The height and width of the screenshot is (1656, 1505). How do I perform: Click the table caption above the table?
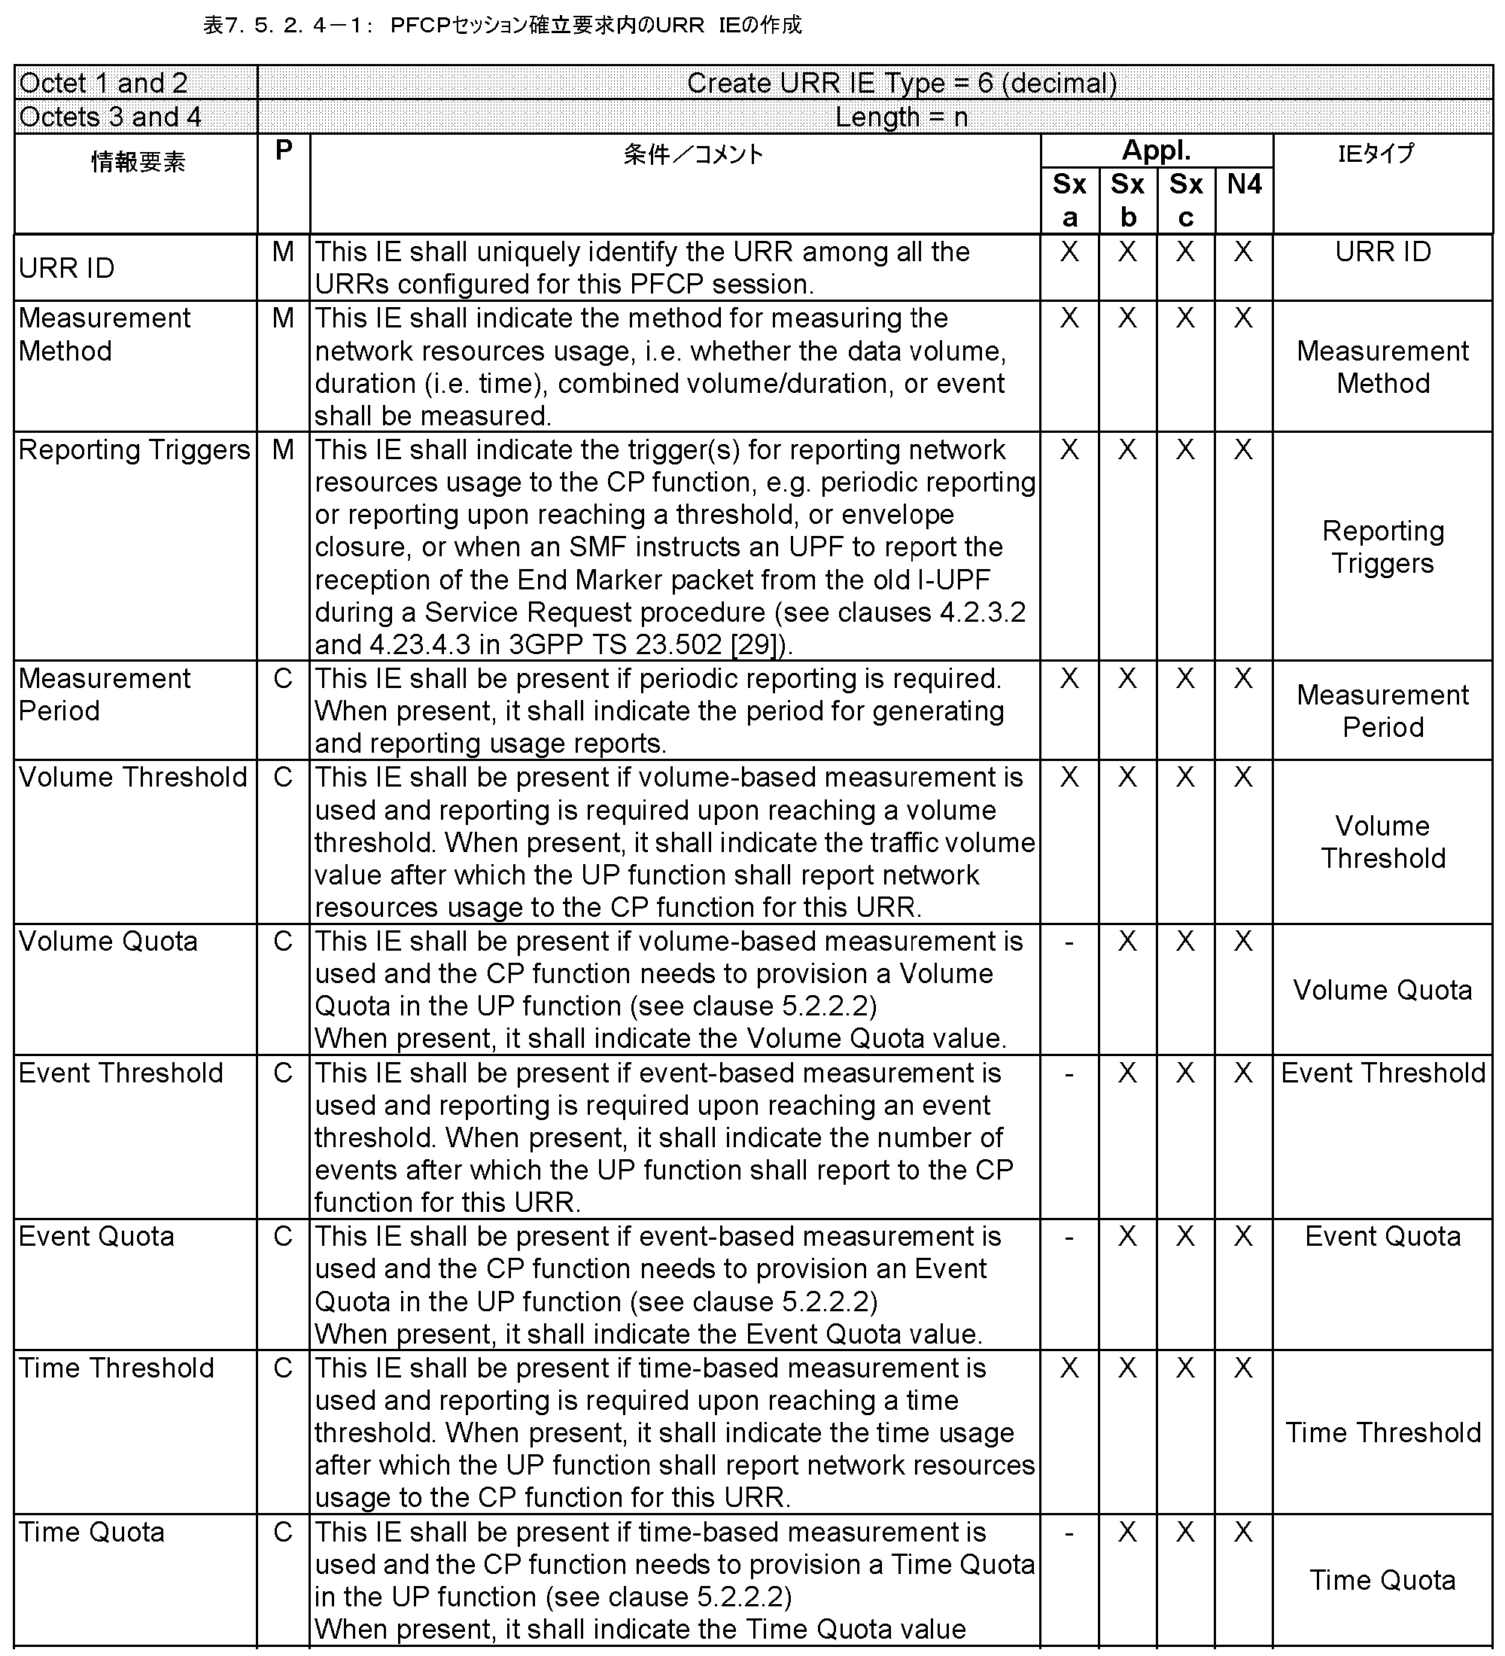coord(502,26)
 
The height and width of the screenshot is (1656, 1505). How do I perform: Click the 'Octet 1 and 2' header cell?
coord(103,83)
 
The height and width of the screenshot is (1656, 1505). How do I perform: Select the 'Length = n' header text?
coord(901,117)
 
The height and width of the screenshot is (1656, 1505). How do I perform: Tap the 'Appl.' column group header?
coord(1156,151)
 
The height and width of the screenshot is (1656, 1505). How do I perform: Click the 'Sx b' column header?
coord(1127,200)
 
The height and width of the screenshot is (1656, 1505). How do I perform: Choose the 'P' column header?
coord(283,151)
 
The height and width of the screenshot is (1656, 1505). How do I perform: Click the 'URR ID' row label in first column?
coord(66,268)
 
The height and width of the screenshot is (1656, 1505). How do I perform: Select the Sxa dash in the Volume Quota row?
coord(1069,942)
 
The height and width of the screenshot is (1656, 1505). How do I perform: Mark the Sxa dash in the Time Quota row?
coord(1069,1533)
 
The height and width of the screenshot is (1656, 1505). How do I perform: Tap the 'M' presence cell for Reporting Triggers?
coord(283,449)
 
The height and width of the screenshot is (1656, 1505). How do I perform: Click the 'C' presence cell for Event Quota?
coord(283,1236)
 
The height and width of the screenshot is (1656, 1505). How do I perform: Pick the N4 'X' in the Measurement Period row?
coord(1243,678)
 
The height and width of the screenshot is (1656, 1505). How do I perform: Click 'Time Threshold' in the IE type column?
coord(1382,1432)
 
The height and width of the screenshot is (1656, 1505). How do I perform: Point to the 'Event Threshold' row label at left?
coord(120,1073)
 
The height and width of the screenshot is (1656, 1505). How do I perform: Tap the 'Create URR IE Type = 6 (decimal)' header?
coord(901,83)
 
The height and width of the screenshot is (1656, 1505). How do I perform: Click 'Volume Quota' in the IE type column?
coord(1382,990)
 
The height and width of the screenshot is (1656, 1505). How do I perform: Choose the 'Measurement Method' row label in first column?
coord(105,334)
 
